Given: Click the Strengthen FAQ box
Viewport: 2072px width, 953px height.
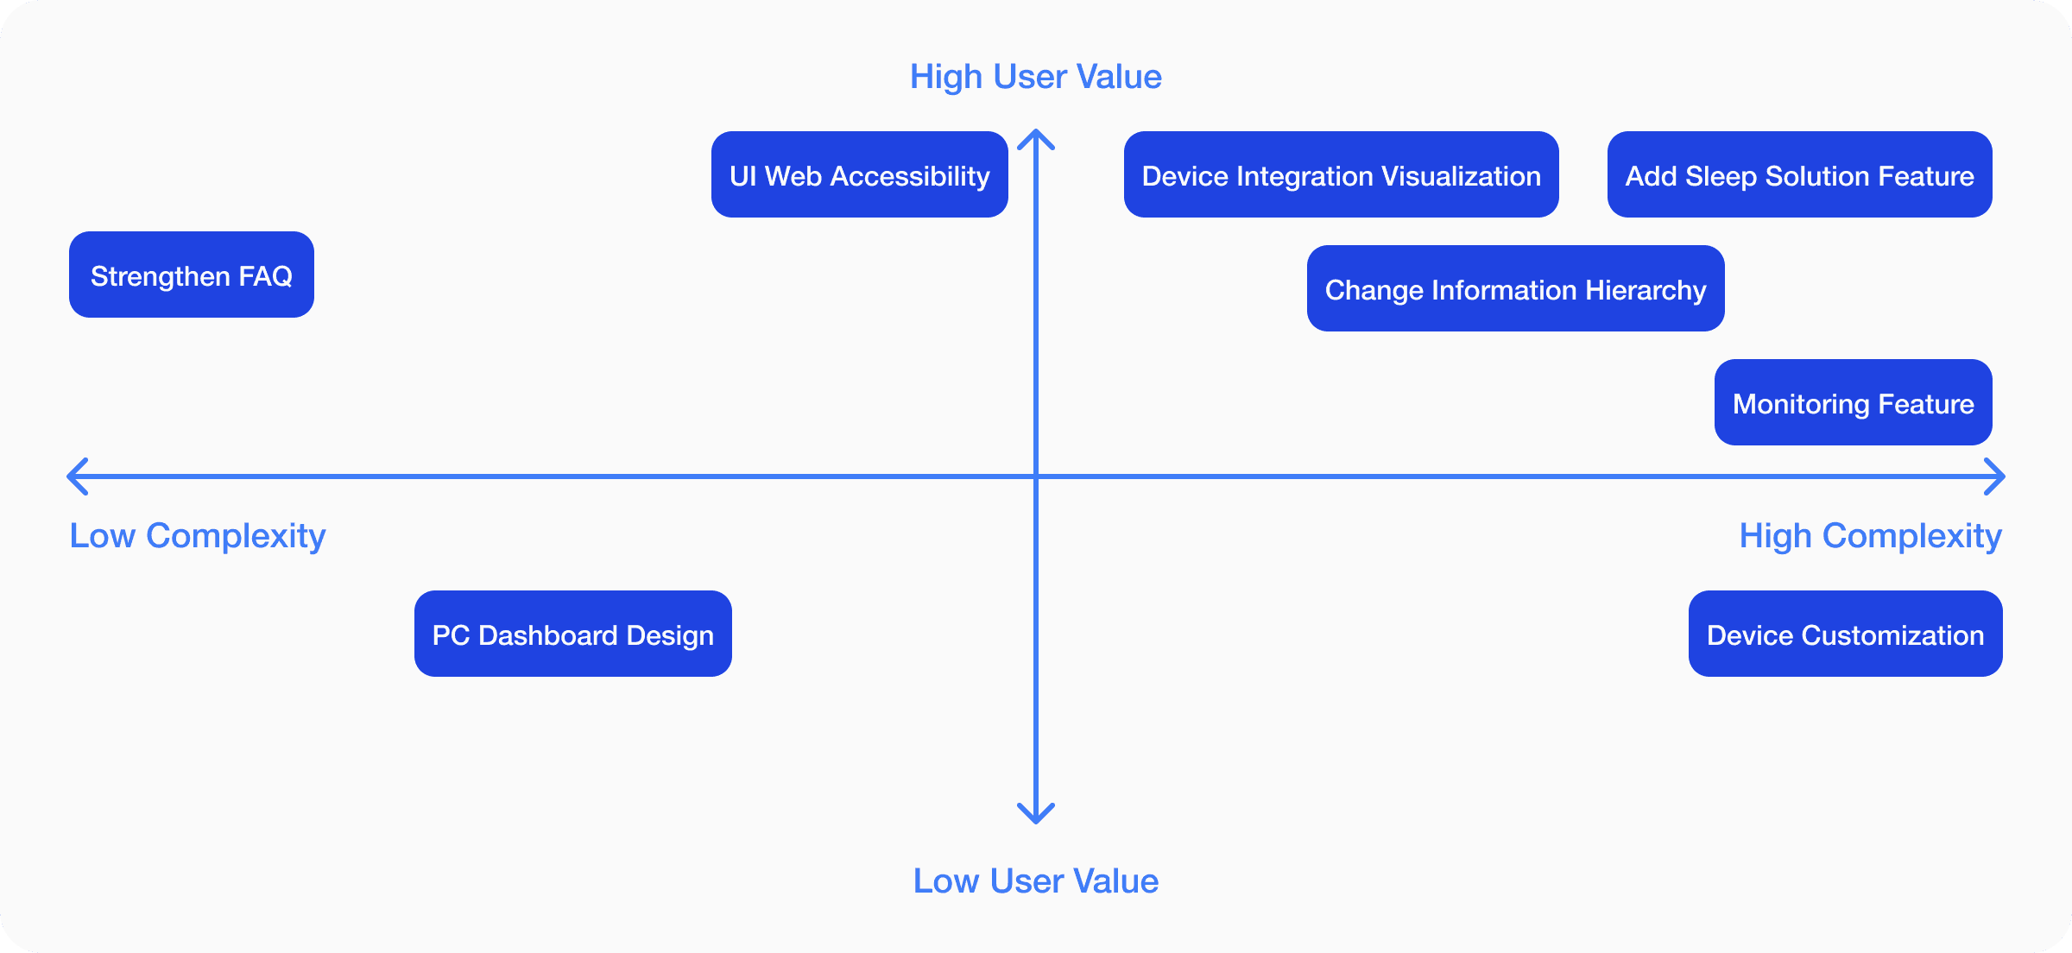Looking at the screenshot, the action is tap(192, 275).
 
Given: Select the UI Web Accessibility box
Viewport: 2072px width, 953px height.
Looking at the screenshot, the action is tap(860, 174).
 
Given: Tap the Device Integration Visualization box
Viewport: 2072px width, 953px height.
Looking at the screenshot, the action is tap(1342, 174).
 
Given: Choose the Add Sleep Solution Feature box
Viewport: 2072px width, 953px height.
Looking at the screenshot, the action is tap(1800, 174).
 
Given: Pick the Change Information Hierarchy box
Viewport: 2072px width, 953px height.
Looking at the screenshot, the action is tap(1516, 288).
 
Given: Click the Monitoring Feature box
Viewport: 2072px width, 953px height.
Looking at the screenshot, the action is tap(1854, 402).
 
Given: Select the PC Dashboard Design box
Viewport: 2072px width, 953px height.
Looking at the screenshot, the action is tap(573, 634).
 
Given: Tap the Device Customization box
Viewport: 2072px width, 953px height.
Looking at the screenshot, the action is tap(1846, 634).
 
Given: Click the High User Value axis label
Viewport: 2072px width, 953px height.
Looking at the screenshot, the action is tap(1036, 78).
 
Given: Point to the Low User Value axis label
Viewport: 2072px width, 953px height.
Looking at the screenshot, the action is tap(1036, 881).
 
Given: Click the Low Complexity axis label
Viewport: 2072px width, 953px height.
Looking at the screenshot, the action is tap(198, 537).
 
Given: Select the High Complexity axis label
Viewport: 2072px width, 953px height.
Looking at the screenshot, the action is tap(1871, 537).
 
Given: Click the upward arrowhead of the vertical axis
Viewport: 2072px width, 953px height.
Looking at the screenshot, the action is tap(1036, 132).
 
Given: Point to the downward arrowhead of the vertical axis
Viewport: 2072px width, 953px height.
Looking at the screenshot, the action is tap(1036, 821).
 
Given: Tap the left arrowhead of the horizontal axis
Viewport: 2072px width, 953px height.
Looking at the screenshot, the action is tap(69, 476).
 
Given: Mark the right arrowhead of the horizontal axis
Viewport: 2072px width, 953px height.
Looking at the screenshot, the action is tap(2003, 476).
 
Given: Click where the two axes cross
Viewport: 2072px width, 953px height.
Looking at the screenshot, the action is tap(1036, 476).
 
